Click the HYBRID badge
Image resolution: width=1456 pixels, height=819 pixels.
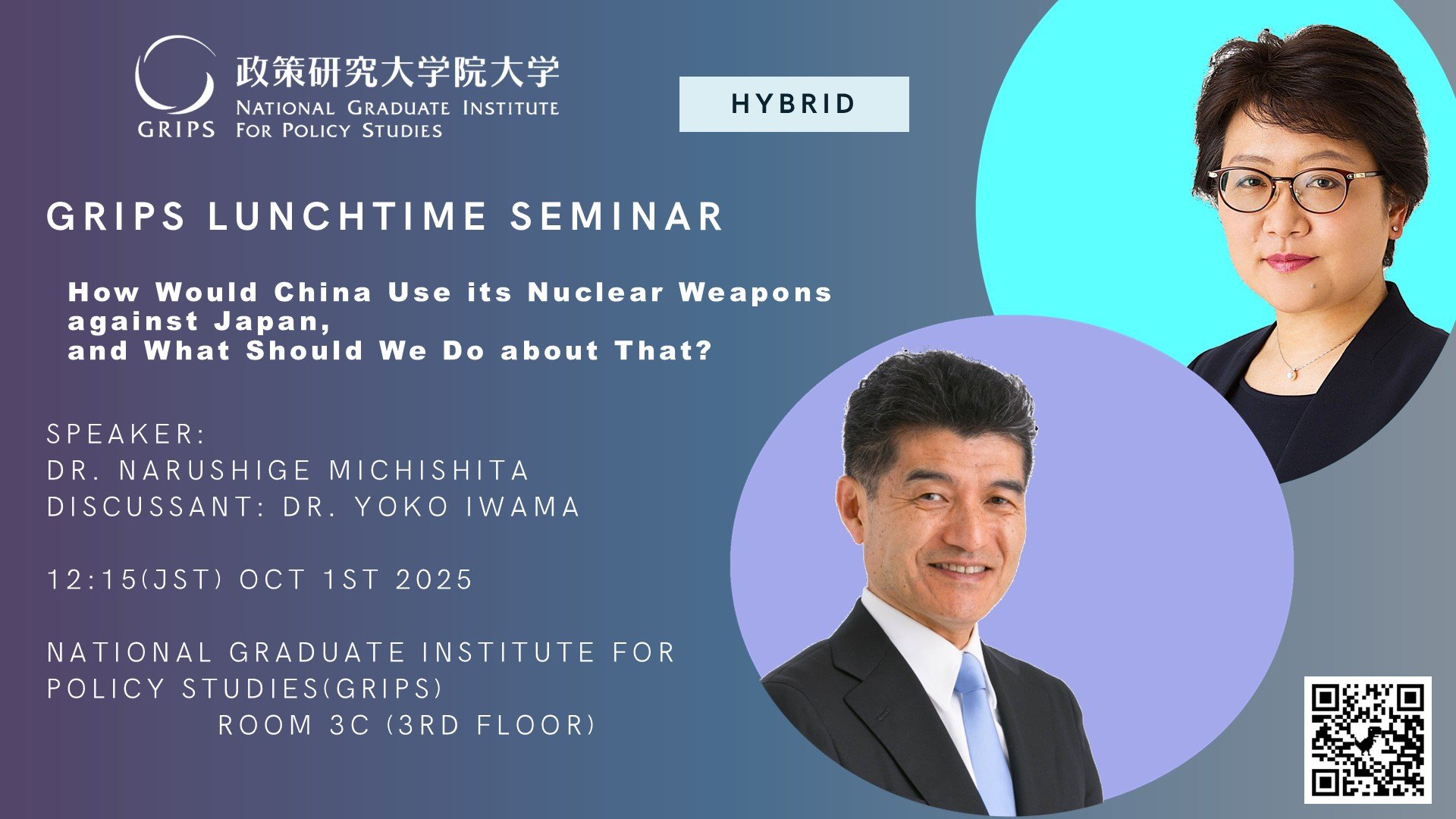click(794, 104)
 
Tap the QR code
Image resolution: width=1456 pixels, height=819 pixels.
click(1367, 739)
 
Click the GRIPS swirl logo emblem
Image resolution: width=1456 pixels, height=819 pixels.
click(174, 75)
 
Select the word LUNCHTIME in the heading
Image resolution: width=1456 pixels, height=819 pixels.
click(347, 216)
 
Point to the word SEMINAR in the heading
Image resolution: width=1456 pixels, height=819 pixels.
click(617, 216)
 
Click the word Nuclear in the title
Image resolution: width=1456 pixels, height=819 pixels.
click(595, 292)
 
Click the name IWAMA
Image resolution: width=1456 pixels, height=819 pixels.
click(522, 507)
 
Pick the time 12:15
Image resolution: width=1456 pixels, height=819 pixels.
click(93, 579)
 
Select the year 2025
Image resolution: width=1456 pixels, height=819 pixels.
click(435, 579)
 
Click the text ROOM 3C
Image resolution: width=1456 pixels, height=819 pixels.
click(294, 725)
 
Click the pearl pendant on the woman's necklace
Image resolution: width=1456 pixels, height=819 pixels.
click(1289, 373)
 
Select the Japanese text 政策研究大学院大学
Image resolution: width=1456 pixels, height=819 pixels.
click(397, 72)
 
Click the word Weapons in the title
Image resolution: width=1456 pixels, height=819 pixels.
click(755, 292)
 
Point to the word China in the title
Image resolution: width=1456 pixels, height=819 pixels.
click(323, 292)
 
